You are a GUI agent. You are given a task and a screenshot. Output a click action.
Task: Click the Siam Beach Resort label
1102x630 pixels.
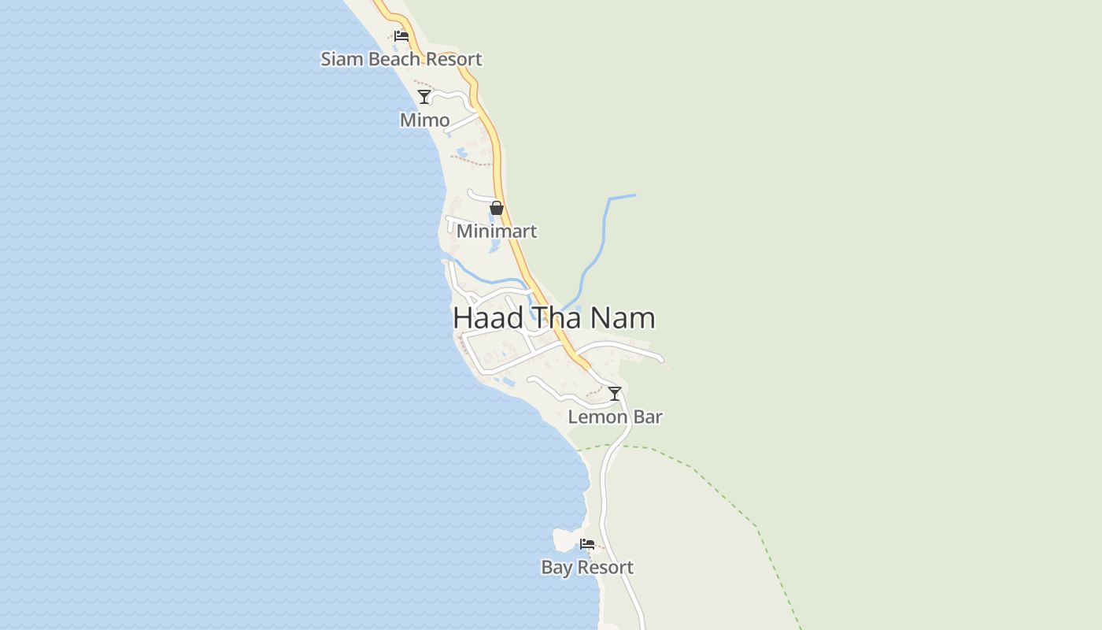click(x=401, y=59)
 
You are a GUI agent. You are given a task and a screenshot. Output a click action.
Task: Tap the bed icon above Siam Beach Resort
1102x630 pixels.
click(x=401, y=35)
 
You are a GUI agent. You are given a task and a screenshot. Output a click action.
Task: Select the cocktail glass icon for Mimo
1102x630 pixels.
click(x=424, y=97)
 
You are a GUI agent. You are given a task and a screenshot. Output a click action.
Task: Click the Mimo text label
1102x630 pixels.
click(x=425, y=120)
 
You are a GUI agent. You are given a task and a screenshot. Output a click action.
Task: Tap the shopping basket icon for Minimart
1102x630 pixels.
click(x=497, y=208)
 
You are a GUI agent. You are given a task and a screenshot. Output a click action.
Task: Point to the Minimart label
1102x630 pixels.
click(x=497, y=231)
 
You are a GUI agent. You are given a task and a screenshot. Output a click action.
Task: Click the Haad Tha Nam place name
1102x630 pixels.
click(x=554, y=317)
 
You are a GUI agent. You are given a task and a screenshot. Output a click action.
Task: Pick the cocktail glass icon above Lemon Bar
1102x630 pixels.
click(x=615, y=394)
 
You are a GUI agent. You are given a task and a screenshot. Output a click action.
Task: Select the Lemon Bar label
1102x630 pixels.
click(x=615, y=417)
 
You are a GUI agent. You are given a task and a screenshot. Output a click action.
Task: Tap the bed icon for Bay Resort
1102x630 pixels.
click(x=587, y=544)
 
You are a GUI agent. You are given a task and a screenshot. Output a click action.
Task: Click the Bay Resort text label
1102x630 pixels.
click(x=587, y=567)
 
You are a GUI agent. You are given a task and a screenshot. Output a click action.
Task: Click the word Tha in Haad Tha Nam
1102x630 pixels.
click(x=556, y=317)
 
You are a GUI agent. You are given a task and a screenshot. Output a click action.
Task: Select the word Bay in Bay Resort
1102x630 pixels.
click(x=557, y=568)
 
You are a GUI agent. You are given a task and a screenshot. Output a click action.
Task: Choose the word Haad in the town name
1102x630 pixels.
click(x=488, y=317)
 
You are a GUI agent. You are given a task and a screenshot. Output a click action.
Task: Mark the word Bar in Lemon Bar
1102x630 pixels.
click(x=648, y=417)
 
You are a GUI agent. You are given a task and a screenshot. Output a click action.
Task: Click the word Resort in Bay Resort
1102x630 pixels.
click(x=605, y=567)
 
